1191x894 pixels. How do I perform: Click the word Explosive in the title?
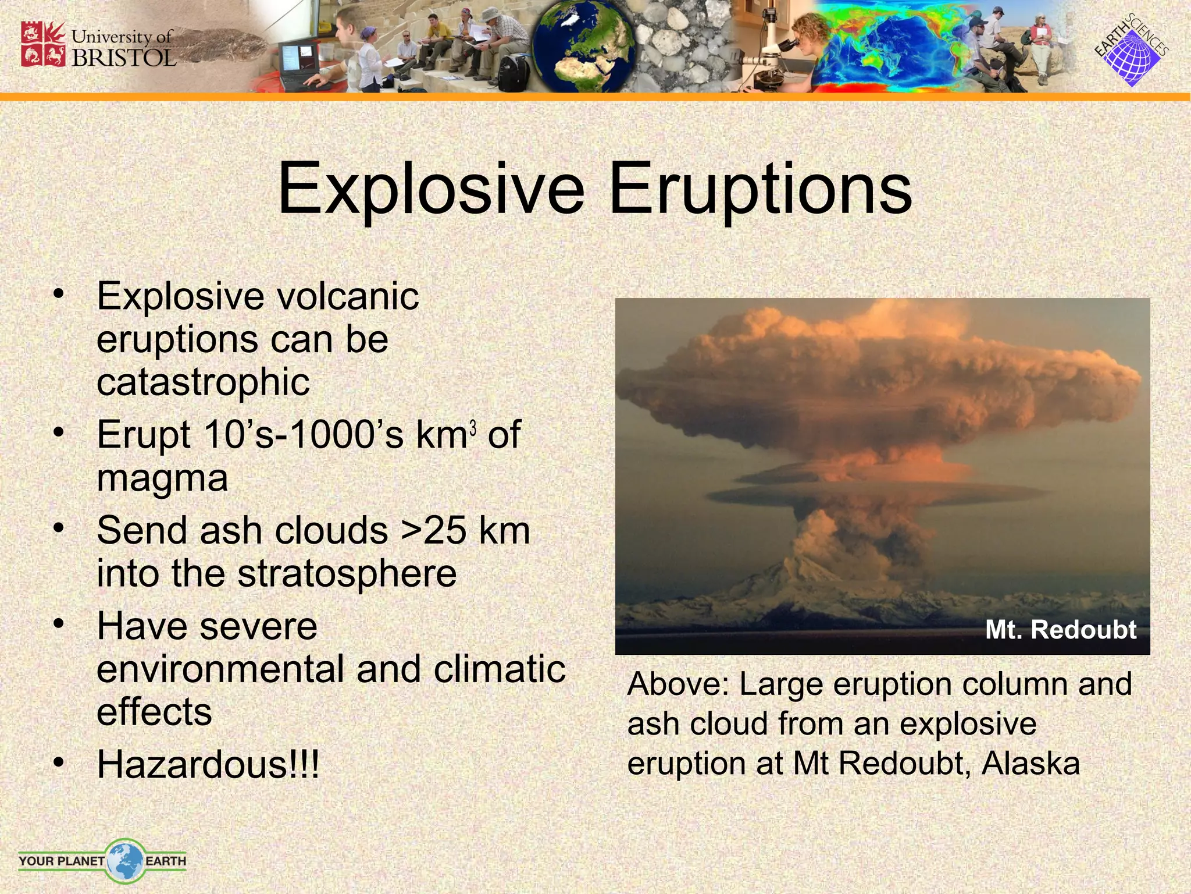[x=431, y=189]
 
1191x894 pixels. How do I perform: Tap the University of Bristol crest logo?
[x=44, y=44]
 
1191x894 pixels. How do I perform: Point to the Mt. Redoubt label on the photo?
[x=1060, y=630]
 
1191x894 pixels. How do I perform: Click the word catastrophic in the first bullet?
[x=203, y=382]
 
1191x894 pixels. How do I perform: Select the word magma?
[x=162, y=478]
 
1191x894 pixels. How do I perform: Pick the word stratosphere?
[x=347, y=574]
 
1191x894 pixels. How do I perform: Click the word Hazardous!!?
[x=208, y=764]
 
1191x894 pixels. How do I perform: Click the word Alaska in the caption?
[x=1030, y=763]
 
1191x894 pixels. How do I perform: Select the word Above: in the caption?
[x=678, y=684]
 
